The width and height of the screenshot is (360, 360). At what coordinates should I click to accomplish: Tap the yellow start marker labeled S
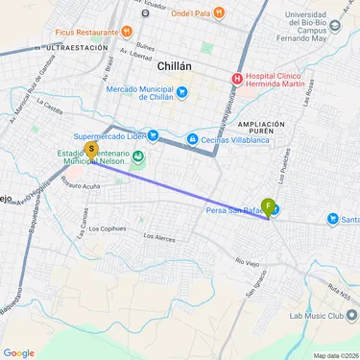(x=91, y=150)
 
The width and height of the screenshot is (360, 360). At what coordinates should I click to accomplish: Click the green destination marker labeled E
(x=269, y=206)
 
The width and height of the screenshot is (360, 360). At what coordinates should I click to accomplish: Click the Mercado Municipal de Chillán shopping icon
(x=182, y=92)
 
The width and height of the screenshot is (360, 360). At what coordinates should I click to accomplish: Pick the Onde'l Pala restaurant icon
(x=220, y=13)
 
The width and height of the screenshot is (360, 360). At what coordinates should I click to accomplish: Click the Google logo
(x=18, y=352)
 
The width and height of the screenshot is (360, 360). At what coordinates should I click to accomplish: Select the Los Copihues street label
(x=107, y=228)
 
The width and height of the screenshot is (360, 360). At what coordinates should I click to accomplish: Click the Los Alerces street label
(x=159, y=235)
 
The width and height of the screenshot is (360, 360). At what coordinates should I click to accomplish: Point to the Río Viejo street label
(x=248, y=259)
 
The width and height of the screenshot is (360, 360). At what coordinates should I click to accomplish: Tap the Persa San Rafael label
(x=233, y=211)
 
